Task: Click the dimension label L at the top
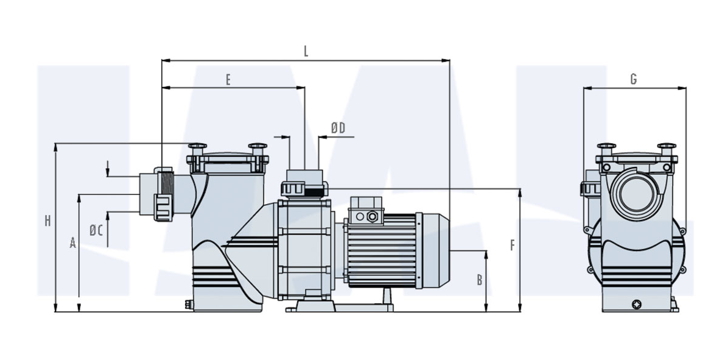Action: [x=306, y=51]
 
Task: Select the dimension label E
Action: [x=228, y=80]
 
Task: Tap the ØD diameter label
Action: [x=338, y=128]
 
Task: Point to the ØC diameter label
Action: [x=96, y=230]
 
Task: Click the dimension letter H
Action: [x=47, y=221]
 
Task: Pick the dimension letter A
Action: [x=72, y=243]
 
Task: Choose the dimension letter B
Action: [x=480, y=280]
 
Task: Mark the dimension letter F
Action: [x=513, y=245]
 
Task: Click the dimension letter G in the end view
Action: [x=634, y=79]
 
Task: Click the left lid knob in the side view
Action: [x=197, y=148]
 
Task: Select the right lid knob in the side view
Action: [x=257, y=148]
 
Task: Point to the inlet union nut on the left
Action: [x=163, y=194]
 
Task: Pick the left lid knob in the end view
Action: [x=606, y=148]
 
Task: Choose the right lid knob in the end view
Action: [x=666, y=148]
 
